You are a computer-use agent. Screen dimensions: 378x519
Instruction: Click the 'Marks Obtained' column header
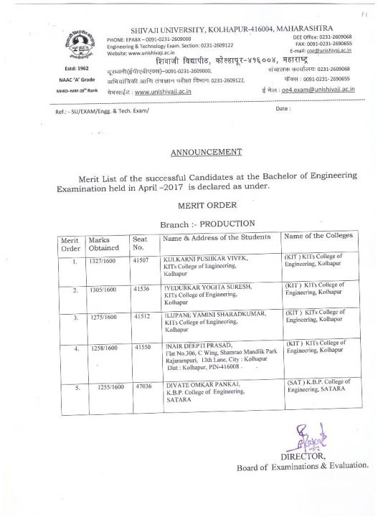point(104,243)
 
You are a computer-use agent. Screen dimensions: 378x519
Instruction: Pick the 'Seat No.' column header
point(140,243)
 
